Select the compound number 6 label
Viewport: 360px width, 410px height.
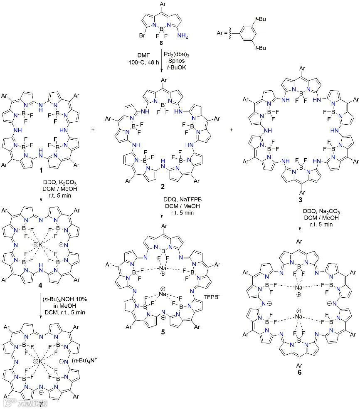tap(299, 372)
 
